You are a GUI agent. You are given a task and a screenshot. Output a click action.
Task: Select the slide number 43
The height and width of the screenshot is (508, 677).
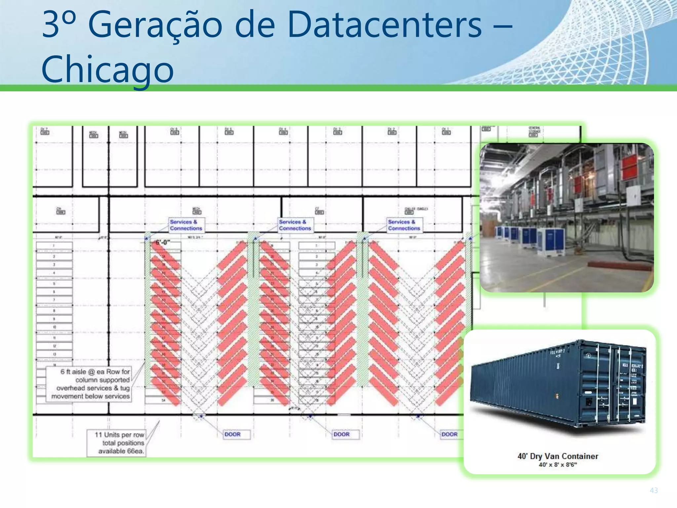coord(654,490)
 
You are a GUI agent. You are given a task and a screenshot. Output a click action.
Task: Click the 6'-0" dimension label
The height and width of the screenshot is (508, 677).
coord(163,242)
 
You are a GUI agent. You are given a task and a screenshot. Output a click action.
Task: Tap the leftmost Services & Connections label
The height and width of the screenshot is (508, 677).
coord(186,225)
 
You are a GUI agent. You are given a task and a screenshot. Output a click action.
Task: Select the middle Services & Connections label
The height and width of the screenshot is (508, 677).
coord(295,225)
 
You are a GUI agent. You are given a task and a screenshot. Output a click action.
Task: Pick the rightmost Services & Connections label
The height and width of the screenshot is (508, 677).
coord(404,225)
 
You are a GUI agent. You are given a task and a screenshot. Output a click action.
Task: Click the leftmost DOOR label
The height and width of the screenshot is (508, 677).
coord(232,434)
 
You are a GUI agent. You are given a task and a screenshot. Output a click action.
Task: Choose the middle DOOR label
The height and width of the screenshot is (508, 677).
coord(341,434)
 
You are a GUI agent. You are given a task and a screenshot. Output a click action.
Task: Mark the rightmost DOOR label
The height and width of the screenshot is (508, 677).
coord(450,434)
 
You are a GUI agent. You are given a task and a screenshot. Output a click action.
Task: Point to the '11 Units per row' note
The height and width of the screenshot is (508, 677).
coord(119,435)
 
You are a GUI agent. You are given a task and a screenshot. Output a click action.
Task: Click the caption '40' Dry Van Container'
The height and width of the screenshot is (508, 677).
coord(558,456)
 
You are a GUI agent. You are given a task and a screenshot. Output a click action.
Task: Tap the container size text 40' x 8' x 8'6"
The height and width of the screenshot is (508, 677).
coord(558,465)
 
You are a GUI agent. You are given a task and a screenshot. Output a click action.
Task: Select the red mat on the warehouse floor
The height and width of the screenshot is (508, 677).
coord(608,264)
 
